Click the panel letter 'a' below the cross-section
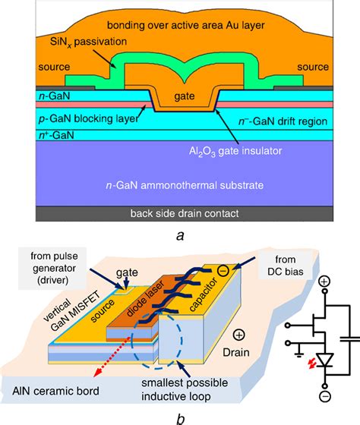179,235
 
